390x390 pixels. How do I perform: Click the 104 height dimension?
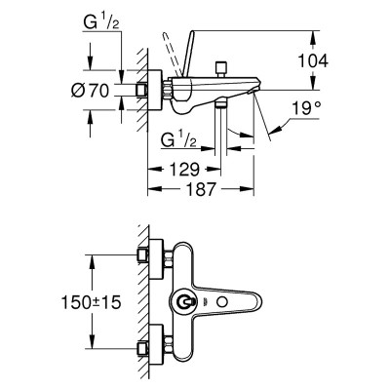click(313, 60)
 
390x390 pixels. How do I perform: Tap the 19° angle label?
click(306, 108)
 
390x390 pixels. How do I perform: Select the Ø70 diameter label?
click(90, 90)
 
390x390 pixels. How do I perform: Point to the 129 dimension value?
click(183, 170)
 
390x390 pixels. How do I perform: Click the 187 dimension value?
click(202, 189)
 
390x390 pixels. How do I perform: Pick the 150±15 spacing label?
click(92, 302)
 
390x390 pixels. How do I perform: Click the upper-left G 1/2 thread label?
click(101, 22)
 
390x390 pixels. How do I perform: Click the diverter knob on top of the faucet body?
click(221, 68)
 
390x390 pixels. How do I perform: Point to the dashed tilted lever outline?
click(172, 54)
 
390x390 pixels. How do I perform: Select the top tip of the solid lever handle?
click(192, 31)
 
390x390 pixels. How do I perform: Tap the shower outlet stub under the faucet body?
click(221, 103)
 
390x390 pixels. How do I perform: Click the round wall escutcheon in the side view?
click(155, 90)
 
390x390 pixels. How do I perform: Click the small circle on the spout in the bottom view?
click(222, 302)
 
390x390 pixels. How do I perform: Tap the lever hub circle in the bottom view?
click(184, 302)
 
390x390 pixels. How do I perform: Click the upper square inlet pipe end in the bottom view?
click(142, 255)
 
